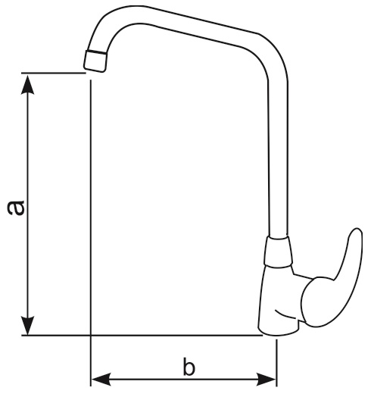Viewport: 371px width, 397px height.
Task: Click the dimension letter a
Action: (x=16, y=208)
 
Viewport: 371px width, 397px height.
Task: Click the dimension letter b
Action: (x=189, y=366)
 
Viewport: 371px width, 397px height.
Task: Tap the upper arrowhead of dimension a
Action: (x=27, y=84)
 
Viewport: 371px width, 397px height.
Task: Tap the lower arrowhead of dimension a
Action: (x=27, y=325)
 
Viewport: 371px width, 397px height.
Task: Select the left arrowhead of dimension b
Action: (x=101, y=379)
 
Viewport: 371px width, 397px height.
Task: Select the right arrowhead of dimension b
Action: (x=267, y=379)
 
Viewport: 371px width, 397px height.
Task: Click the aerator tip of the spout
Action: (x=95, y=61)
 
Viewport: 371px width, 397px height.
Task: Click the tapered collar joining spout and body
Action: (x=278, y=252)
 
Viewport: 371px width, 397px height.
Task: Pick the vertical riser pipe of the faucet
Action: (x=278, y=160)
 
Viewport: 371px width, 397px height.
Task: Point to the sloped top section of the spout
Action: (x=202, y=28)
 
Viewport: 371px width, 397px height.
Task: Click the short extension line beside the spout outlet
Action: (x=54, y=73)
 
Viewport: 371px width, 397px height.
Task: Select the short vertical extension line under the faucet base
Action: (x=276, y=363)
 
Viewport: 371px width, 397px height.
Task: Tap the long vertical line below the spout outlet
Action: (x=91, y=233)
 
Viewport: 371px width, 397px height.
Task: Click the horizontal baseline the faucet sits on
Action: (x=142, y=335)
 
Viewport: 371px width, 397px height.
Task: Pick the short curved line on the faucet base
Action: (x=285, y=314)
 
